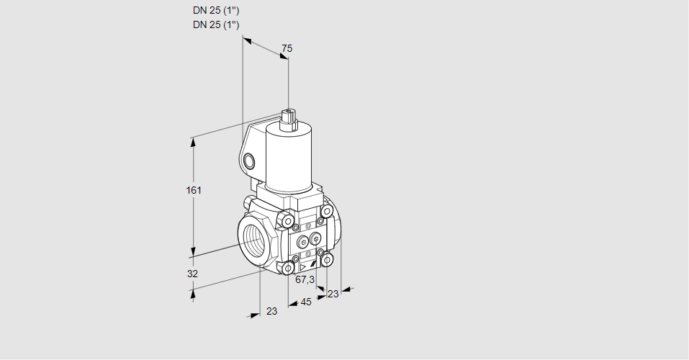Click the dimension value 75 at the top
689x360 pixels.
pyautogui.click(x=287, y=48)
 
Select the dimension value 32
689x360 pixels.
pyautogui.click(x=192, y=274)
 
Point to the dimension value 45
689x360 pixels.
pyautogui.click(x=306, y=302)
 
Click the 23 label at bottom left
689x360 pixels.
pyautogui.click(x=271, y=311)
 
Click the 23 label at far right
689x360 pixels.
pyautogui.click(x=333, y=293)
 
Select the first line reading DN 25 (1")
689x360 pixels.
pyautogui.click(x=216, y=11)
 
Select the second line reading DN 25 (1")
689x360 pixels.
pyautogui.click(x=216, y=25)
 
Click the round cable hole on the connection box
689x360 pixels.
pyautogui.click(x=249, y=161)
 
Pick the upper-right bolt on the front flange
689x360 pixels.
pyautogui.click(x=327, y=211)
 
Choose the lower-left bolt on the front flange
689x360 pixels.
pyautogui.click(x=288, y=269)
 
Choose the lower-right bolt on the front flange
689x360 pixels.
pyautogui.click(x=327, y=258)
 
